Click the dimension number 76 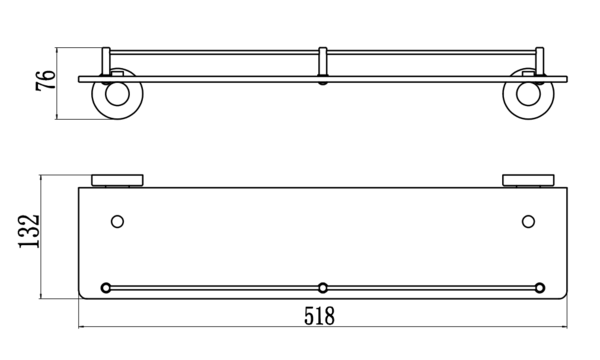coord(46,80)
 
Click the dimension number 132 coord(29,231)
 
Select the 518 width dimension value coord(319,316)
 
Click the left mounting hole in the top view coord(117,222)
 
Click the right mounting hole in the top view coord(528,222)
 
